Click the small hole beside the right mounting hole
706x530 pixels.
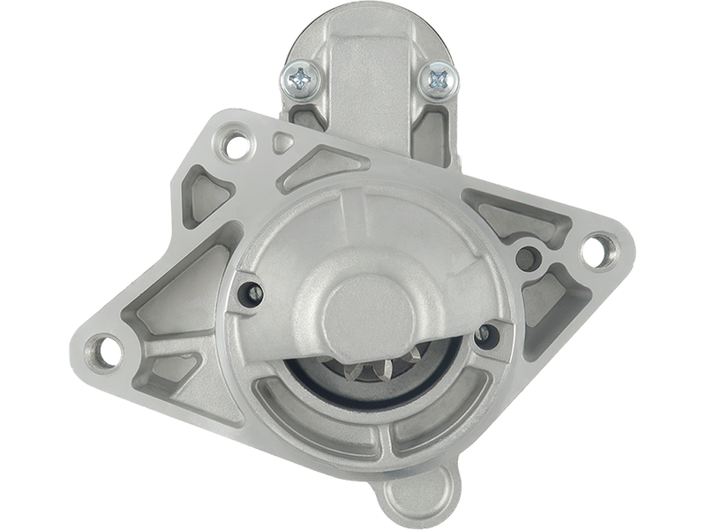pos(529,258)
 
